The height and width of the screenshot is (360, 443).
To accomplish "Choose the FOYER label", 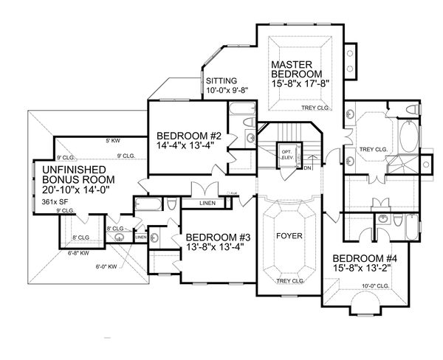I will pyautogui.click(x=289, y=238).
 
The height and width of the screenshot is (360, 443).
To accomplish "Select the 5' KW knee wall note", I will pyautogui.click(x=112, y=140).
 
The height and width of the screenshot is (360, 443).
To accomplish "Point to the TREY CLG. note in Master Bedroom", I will pyautogui.click(x=315, y=108).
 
